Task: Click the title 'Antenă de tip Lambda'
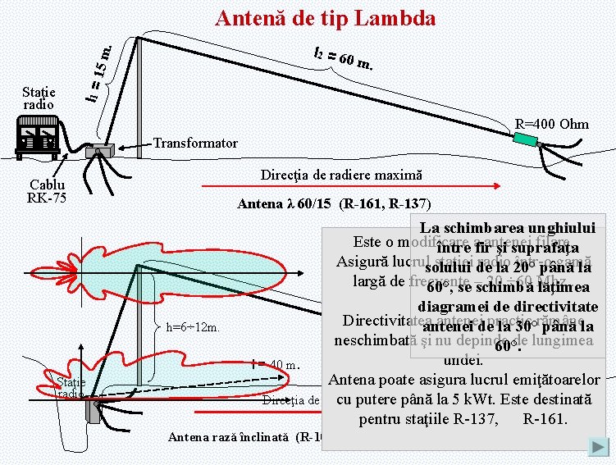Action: [325, 18]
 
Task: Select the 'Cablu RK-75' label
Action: [46, 191]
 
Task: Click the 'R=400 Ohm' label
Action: [551, 125]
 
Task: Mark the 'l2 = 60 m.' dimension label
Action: [345, 57]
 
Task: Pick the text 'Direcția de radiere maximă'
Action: [341, 176]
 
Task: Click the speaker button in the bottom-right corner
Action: [598, 447]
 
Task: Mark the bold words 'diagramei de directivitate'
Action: [512, 305]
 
